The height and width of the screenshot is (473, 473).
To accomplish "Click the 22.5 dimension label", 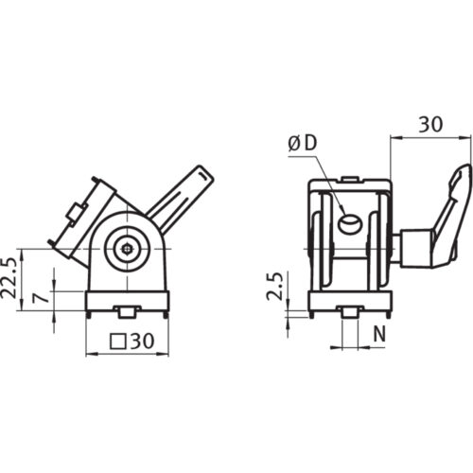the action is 9,278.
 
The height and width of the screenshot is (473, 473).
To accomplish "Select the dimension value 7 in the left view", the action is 42,297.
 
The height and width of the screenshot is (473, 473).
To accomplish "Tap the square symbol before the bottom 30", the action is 117,342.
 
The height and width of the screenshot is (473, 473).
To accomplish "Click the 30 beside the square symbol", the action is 142,341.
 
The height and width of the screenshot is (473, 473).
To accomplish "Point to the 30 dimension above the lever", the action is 430,124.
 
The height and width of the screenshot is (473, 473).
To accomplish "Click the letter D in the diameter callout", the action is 310,143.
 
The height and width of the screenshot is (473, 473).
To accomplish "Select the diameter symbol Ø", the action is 294,144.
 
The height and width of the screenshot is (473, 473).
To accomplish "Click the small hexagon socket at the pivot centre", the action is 127,249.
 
